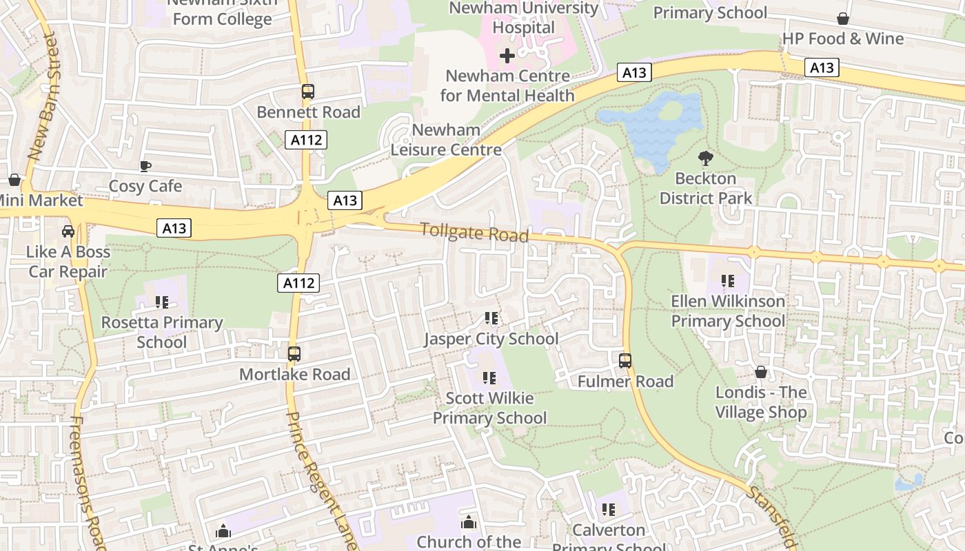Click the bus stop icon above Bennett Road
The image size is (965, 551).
308,92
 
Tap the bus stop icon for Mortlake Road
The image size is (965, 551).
294,354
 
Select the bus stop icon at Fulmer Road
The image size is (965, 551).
625,360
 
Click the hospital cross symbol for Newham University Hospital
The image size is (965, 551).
507,56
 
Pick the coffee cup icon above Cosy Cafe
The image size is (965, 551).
145,166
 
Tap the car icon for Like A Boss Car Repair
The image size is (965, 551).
68,231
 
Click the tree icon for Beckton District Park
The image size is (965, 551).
705,158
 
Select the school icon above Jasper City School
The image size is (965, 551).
491,318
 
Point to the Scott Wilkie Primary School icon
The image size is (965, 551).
489,377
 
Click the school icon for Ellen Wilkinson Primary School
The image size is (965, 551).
728,281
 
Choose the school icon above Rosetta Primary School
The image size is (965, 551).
162,302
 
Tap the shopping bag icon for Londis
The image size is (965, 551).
761,372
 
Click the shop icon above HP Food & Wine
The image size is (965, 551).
842,19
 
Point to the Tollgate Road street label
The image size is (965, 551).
475,232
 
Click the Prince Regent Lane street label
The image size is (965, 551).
321,481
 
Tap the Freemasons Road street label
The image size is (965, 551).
87,482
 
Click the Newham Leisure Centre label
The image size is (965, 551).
446,140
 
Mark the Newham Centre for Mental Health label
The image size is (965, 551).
507,85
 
